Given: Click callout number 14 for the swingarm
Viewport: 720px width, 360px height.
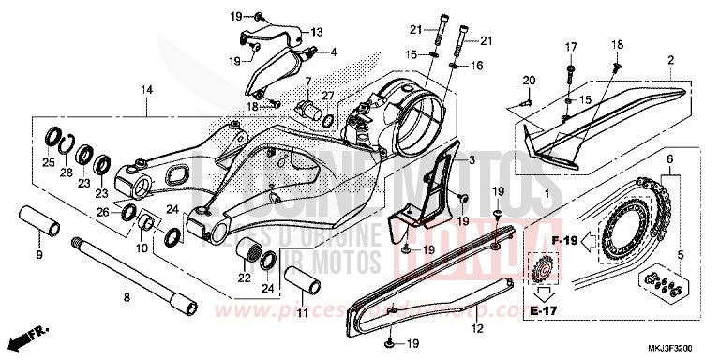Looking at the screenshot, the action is tap(146, 90).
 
